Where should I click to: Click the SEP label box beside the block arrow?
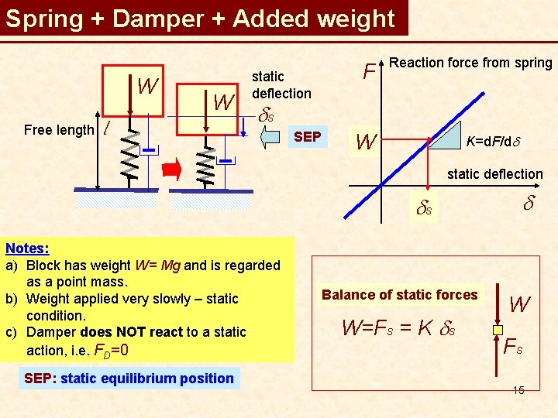pos(308,137)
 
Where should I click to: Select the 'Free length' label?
pos(59,130)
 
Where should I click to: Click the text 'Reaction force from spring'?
pos(470,63)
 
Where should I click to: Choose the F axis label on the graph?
pos(370,71)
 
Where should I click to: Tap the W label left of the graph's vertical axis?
pos(366,142)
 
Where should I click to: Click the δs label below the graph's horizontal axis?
pos(424,208)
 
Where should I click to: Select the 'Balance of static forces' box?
pos(400,295)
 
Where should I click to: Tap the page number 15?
pos(518,390)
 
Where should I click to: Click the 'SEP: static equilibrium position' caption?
pos(129,379)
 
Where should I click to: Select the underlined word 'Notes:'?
pos(27,248)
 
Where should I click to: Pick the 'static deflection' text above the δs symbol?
pos(281,85)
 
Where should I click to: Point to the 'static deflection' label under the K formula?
pos(494,174)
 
